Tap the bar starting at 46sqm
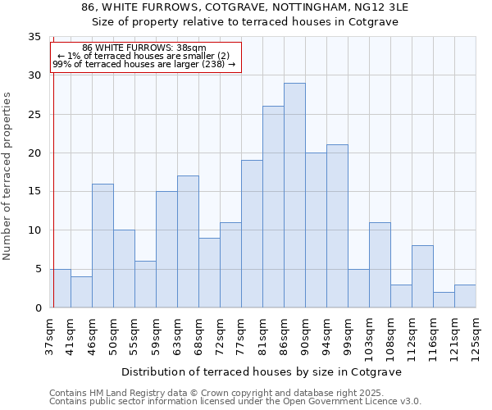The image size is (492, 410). (x=102, y=245)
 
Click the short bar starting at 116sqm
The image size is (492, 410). (x=444, y=299)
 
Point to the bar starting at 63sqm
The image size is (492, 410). (x=188, y=242)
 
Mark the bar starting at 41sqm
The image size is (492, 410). (x=81, y=292)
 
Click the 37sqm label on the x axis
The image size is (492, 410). (x=50, y=336)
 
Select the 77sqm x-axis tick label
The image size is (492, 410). (x=242, y=336)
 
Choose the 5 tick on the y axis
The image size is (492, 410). (x=38, y=269)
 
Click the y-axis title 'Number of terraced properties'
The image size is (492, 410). (x=8, y=176)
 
